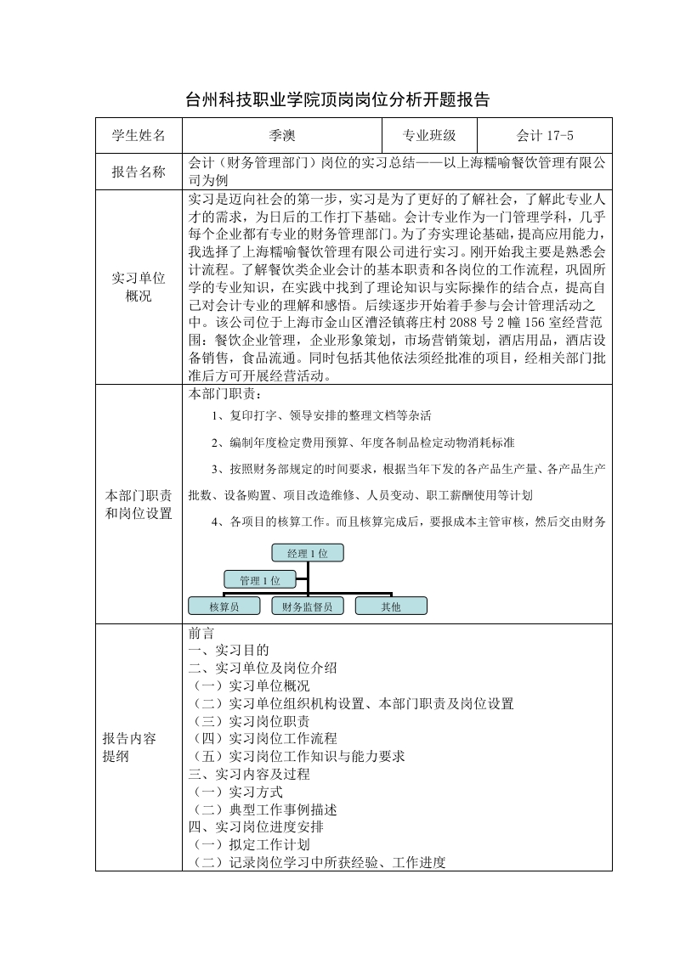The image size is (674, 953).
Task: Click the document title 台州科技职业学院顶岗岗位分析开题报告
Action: [x=337, y=99]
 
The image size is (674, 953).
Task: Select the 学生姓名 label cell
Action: [x=139, y=135]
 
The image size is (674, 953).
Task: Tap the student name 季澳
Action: [x=281, y=135]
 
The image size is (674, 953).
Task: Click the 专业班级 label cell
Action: [x=429, y=135]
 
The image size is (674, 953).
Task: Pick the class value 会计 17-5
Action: [x=545, y=135]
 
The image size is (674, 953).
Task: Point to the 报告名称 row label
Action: [x=139, y=172]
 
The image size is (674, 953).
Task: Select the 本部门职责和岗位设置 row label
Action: [x=139, y=504]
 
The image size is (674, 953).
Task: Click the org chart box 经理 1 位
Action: [x=307, y=553]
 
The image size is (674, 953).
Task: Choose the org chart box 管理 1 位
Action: [x=259, y=580]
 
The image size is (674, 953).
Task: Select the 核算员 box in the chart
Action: [x=224, y=606]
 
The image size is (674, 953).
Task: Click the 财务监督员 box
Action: [x=307, y=606]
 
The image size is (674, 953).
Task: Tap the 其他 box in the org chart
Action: [x=391, y=606]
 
